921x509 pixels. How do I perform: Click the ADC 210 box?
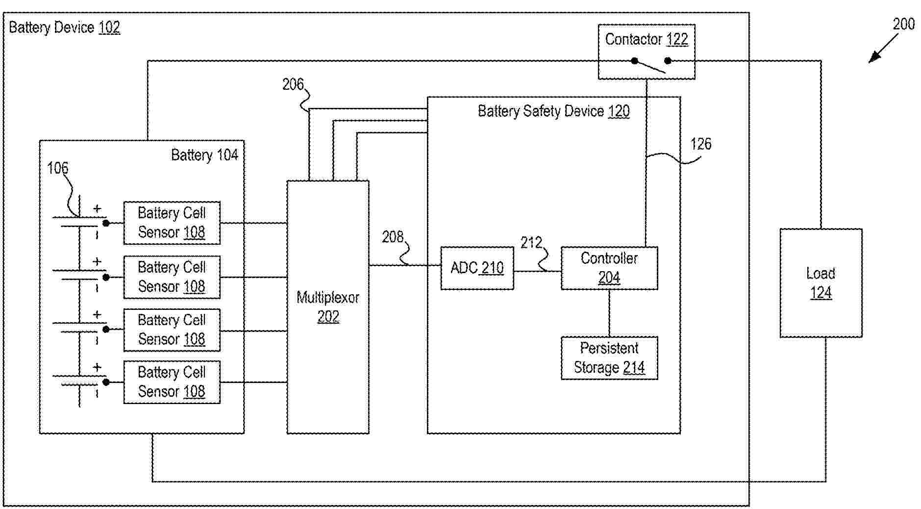(x=477, y=268)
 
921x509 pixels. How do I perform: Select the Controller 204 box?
(x=609, y=268)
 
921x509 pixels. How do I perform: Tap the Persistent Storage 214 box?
(x=609, y=358)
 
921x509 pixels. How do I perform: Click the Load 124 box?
(x=821, y=283)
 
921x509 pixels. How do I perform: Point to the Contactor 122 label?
(x=646, y=39)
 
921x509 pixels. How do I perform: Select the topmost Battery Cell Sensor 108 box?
(x=172, y=223)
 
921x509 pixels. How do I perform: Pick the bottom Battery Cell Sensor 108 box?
(x=172, y=382)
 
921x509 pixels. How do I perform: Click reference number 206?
(x=293, y=84)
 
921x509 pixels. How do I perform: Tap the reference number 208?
(x=393, y=237)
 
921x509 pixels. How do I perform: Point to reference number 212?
(x=531, y=242)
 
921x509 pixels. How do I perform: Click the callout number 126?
(x=701, y=144)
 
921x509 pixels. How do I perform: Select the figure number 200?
(x=903, y=24)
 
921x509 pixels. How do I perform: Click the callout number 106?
(x=57, y=168)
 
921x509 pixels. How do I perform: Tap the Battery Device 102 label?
(x=64, y=27)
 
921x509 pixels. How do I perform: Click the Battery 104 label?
(x=204, y=155)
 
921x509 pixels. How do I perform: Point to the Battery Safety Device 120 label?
(x=553, y=111)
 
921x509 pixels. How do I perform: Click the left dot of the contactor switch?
(x=635, y=61)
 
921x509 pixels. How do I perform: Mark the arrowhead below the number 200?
(x=871, y=60)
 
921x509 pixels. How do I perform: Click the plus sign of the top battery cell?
(x=97, y=209)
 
